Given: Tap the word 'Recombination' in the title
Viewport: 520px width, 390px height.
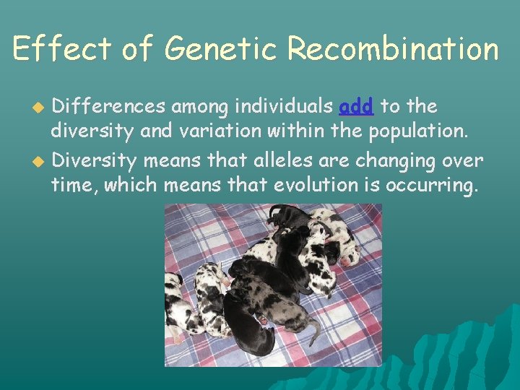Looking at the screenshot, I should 392,49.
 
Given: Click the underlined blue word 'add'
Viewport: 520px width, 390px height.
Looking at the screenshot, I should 355,107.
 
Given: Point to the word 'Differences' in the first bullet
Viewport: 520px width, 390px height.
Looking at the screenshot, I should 109,107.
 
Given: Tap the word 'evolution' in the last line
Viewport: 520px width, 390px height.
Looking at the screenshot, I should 316,186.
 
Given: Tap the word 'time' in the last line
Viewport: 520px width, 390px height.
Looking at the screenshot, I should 74,186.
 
